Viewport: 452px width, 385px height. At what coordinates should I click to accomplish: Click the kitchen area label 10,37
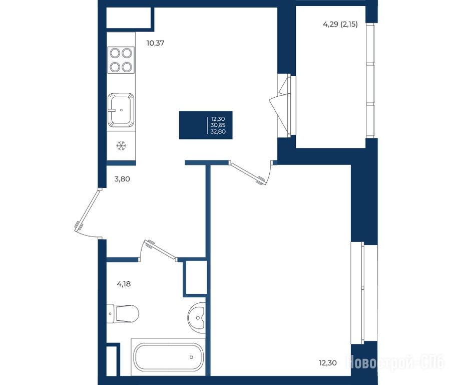[x=155, y=43]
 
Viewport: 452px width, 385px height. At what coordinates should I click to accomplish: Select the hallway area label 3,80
[x=122, y=179]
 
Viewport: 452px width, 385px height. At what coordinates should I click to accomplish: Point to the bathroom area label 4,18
[x=124, y=284]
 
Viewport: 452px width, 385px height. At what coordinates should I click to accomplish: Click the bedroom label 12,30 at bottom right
[x=328, y=363]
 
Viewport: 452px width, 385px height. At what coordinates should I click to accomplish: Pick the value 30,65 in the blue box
[x=218, y=125]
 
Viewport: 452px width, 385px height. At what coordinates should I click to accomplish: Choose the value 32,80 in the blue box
[x=218, y=131]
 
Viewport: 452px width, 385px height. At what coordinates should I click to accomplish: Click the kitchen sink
[x=121, y=110]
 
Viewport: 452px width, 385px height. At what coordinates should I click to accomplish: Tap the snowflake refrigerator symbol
[x=121, y=146]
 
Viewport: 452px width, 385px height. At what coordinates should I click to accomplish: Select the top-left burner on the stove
[x=115, y=53]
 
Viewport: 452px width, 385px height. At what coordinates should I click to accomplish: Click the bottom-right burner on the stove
[x=127, y=67]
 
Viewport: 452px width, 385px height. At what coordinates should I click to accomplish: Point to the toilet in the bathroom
[x=123, y=313]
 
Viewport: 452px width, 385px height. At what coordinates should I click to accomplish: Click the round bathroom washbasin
[x=197, y=318]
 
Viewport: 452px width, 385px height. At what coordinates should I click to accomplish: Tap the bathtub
[x=169, y=357]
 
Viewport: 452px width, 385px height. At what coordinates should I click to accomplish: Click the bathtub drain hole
[x=191, y=357]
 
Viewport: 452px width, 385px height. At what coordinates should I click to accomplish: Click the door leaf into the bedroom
[x=248, y=173]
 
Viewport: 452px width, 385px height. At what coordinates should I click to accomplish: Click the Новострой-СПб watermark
[x=395, y=362]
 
